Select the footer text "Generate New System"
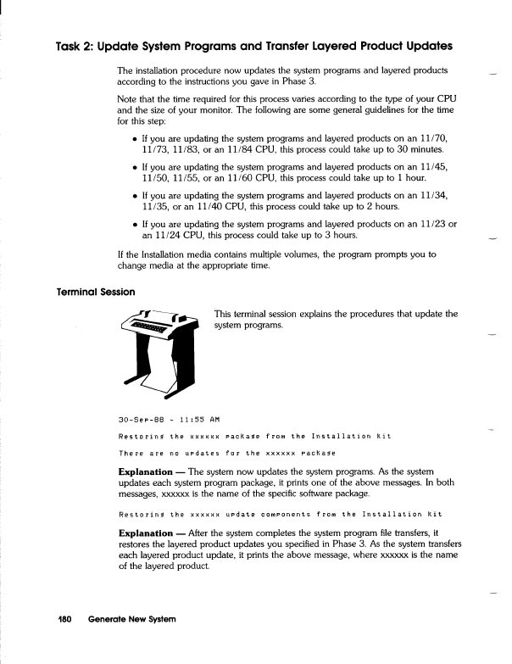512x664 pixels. click(x=131, y=619)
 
